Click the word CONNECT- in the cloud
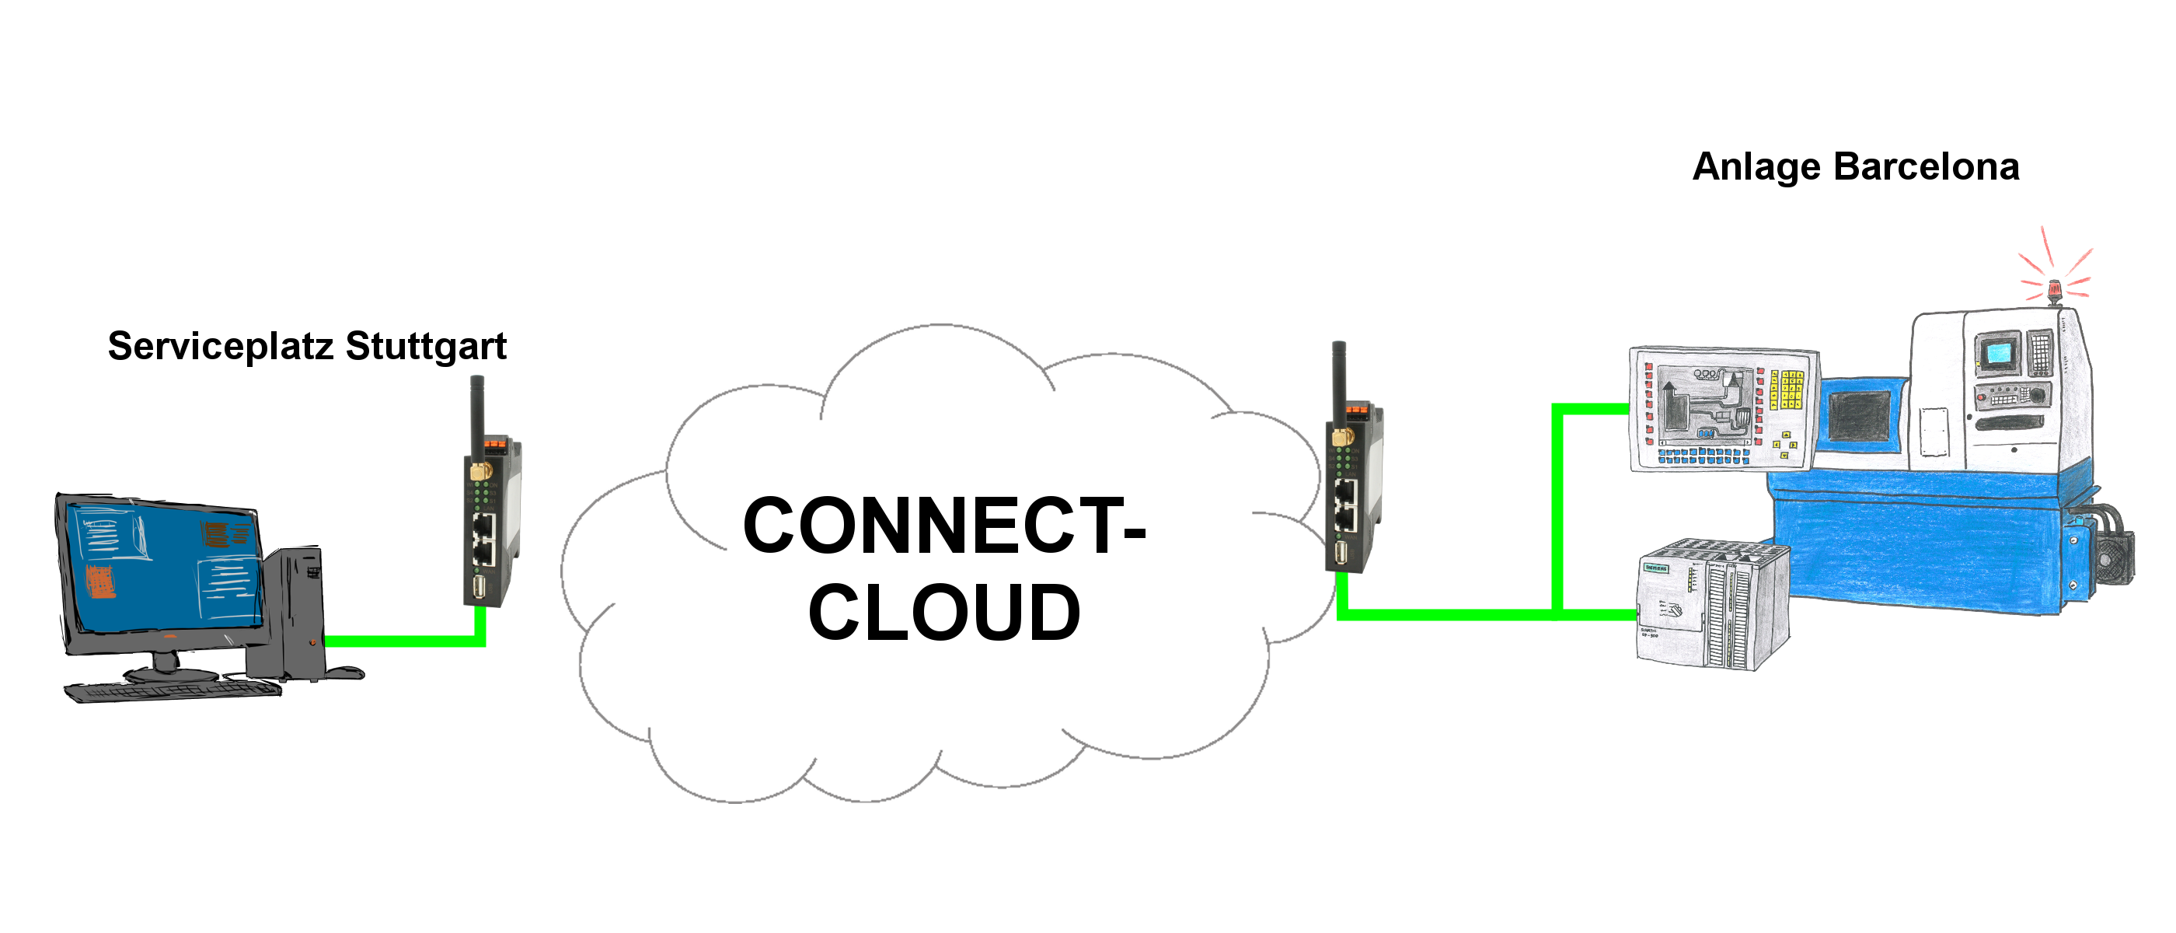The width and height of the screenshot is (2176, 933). [x=943, y=526]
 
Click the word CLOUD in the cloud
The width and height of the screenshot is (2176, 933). [x=943, y=612]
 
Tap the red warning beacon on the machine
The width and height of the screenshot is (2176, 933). [x=2054, y=290]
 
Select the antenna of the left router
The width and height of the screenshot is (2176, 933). [x=476, y=414]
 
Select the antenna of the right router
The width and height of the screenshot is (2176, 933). [x=1338, y=380]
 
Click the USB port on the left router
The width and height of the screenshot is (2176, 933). [x=479, y=587]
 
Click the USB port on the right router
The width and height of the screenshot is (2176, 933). [x=1341, y=554]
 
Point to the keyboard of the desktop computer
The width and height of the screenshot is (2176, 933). [x=173, y=690]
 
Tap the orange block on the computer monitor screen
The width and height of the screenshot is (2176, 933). [x=101, y=581]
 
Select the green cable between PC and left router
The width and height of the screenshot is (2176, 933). [x=406, y=641]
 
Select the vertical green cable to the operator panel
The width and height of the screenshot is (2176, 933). [x=1557, y=507]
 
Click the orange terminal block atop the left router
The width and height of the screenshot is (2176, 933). [x=494, y=442]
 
